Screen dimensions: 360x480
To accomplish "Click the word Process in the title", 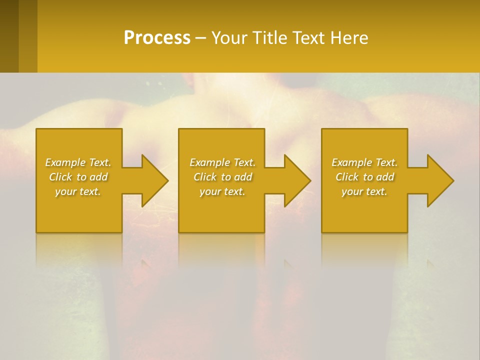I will [x=157, y=37].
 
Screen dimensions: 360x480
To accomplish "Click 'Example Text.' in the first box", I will [x=78, y=162].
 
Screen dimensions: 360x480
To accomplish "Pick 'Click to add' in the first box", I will [x=78, y=177].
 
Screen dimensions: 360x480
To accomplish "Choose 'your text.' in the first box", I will [x=78, y=191].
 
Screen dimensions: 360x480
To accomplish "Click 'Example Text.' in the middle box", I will [x=222, y=162].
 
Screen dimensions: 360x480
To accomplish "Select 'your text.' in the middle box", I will [x=222, y=191].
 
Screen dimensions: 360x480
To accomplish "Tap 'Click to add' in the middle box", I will [x=222, y=177].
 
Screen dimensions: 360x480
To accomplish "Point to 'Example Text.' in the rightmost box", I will [x=364, y=162].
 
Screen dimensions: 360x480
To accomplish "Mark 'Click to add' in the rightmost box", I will [x=364, y=177].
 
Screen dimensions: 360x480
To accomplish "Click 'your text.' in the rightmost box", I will [x=364, y=191].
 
